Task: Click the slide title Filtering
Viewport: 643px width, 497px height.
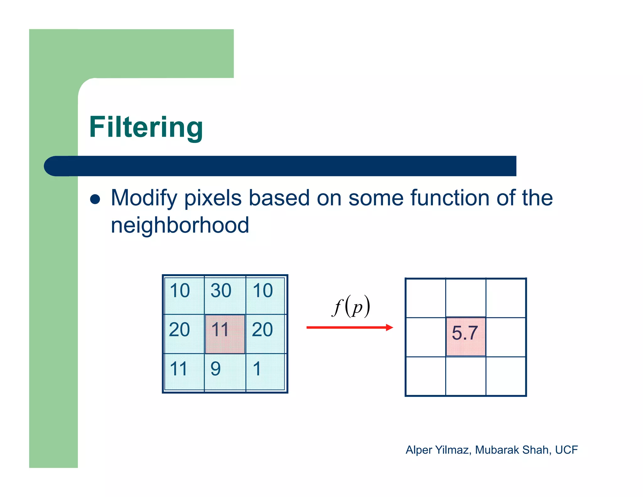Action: coord(146,127)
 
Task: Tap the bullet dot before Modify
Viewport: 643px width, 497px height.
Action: coord(95,199)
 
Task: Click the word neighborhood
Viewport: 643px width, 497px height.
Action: coord(180,225)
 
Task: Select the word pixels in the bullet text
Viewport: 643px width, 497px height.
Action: coord(213,198)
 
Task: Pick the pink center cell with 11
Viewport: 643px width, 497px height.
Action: coord(225,334)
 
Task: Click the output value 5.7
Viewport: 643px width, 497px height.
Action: coord(465,333)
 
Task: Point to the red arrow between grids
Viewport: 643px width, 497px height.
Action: coord(349,328)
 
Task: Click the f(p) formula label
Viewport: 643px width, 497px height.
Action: coord(351,306)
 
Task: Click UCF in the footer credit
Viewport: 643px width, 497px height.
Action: coord(566,450)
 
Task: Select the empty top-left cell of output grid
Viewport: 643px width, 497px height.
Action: coord(426,298)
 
